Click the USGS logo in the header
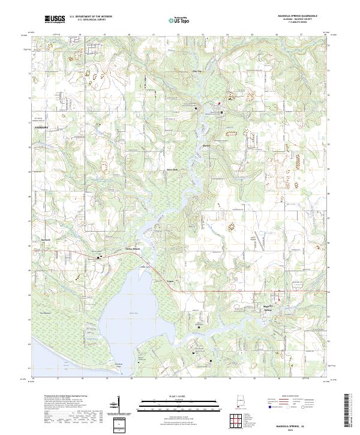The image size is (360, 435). [55, 19]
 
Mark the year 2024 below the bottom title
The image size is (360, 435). [295, 430]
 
